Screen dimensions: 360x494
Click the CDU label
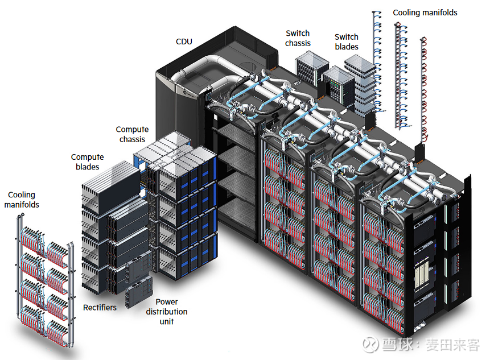(184, 42)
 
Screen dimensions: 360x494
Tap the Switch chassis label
(298, 39)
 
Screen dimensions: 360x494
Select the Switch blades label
(346, 42)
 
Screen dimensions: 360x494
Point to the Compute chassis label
(132, 135)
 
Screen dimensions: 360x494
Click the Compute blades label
(87, 162)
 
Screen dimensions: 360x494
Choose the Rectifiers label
(100, 308)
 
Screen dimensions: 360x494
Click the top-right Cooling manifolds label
(425, 13)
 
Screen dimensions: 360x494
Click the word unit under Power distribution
(166, 322)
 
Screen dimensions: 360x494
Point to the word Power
(166, 302)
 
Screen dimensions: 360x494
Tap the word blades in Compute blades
(87, 167)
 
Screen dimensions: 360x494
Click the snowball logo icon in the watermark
(370, 345)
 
